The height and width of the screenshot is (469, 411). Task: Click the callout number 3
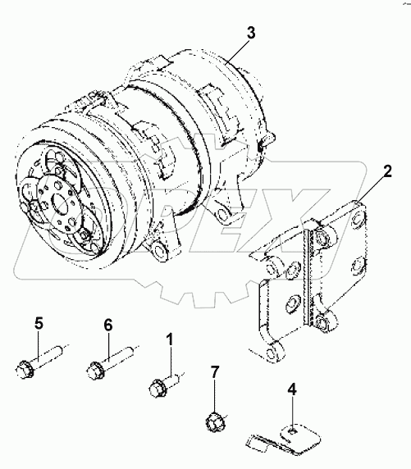click(251, 33)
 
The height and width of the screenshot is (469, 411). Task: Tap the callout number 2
click(387, 171)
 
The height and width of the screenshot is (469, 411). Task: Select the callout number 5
click(39, 324)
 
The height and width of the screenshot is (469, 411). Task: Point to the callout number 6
click(108, 325)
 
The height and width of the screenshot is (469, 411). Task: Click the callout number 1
click(170, 340)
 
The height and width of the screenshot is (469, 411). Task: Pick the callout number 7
click(215, 372)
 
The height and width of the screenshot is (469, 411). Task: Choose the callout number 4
click(292, 389)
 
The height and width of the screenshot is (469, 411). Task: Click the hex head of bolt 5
click(24, 370)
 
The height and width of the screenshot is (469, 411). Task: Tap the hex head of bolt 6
click(95, 371)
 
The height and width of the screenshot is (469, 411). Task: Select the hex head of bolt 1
click(158, 388)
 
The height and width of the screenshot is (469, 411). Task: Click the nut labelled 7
click(215, 422)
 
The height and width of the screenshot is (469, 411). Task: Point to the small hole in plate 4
click(293, 430)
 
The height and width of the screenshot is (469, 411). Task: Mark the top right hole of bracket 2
click(358, 219)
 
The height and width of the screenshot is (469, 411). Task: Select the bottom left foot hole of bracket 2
click(272, 353)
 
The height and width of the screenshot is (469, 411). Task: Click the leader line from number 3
click(238, 51)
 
